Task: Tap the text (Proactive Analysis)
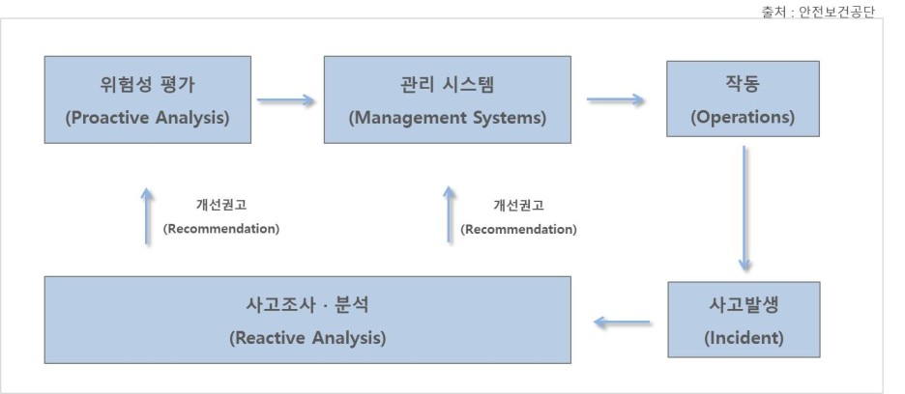click(147, 119)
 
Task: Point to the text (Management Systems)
click(447, 119)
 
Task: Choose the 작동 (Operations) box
click(742, 99)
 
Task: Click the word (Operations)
click(742, 118)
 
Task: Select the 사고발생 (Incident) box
click(742, 320)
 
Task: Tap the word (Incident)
click(742, 338)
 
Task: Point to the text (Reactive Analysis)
click(307, 338)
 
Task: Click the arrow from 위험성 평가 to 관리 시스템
click(286, 99)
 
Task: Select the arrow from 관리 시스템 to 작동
click(616, 99)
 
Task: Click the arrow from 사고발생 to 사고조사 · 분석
click(622, 322)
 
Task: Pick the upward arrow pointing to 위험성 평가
click(147, 215)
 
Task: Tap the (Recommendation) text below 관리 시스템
click(518, 229)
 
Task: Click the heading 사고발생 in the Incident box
click(742, 303)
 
